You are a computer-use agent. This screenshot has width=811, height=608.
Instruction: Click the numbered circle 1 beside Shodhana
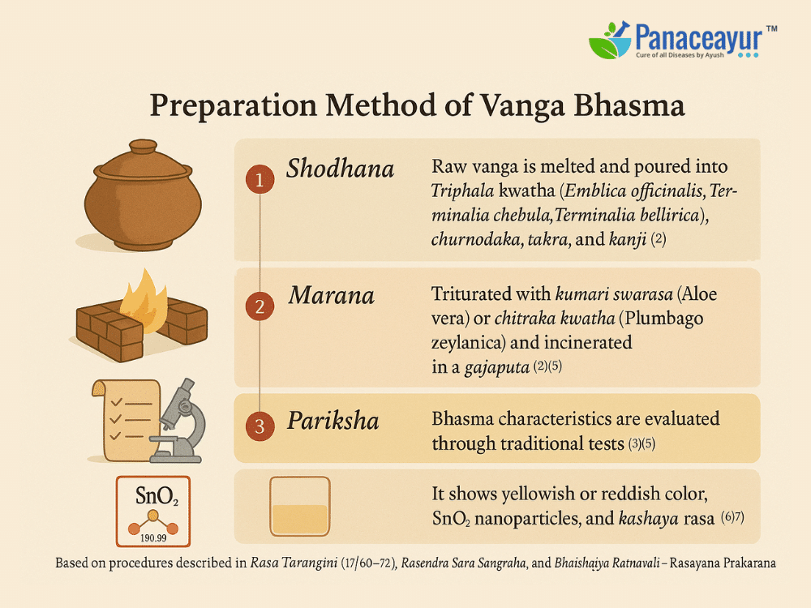tap(260, 179)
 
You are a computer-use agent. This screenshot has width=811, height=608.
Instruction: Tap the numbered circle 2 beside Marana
tap(260, 306)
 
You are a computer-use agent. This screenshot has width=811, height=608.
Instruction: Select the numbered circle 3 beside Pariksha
tap(260, 426)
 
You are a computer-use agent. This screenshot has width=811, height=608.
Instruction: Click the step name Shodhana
tap(341, 169)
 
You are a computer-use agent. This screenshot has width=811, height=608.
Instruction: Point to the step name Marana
tap(332, 295)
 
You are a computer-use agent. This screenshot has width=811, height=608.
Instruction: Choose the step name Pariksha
tap(333, 420)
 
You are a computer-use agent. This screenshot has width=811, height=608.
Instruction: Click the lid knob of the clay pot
tap(143, 146)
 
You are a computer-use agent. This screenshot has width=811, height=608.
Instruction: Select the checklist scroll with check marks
tap(125, 420)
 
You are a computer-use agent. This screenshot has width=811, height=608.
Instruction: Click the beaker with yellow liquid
tap(300, 506)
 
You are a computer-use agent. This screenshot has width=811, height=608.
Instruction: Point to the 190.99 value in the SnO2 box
tap(153, 537)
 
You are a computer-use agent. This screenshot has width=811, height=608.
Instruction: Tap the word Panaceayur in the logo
tap(699, 38)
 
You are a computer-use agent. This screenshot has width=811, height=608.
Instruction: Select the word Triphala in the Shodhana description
tap(462, 191)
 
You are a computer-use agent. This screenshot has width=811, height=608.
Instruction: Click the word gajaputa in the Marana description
tap(497, 367)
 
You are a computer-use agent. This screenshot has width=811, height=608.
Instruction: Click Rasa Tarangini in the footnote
tap(294, 563)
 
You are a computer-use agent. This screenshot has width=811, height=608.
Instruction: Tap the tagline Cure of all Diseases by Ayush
tap(680, 55)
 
